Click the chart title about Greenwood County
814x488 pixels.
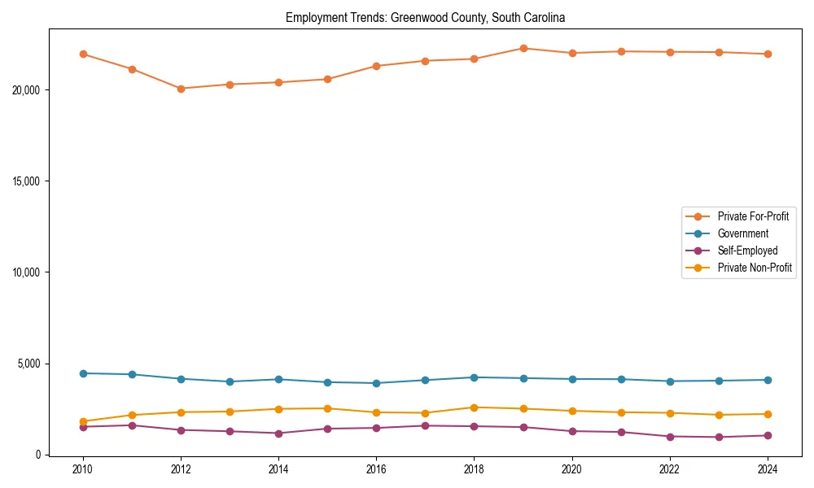point(425,17)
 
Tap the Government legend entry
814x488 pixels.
point(742,233)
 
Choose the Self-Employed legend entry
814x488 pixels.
point(747,251)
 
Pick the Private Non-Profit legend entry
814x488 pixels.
point(755,268)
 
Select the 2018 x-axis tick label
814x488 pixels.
point(474,469)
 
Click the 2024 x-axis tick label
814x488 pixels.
point(768,469)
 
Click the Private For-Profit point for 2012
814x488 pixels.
point(181,89)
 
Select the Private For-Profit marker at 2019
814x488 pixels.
point(523,48)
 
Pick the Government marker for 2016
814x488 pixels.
point(376,383)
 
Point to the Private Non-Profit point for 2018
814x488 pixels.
point(474,407)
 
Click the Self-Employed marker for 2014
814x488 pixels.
point(278,434)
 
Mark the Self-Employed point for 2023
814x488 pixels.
point(719,437)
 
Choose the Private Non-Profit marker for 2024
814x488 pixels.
point(768,414)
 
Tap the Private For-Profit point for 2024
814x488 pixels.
point(768,54)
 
